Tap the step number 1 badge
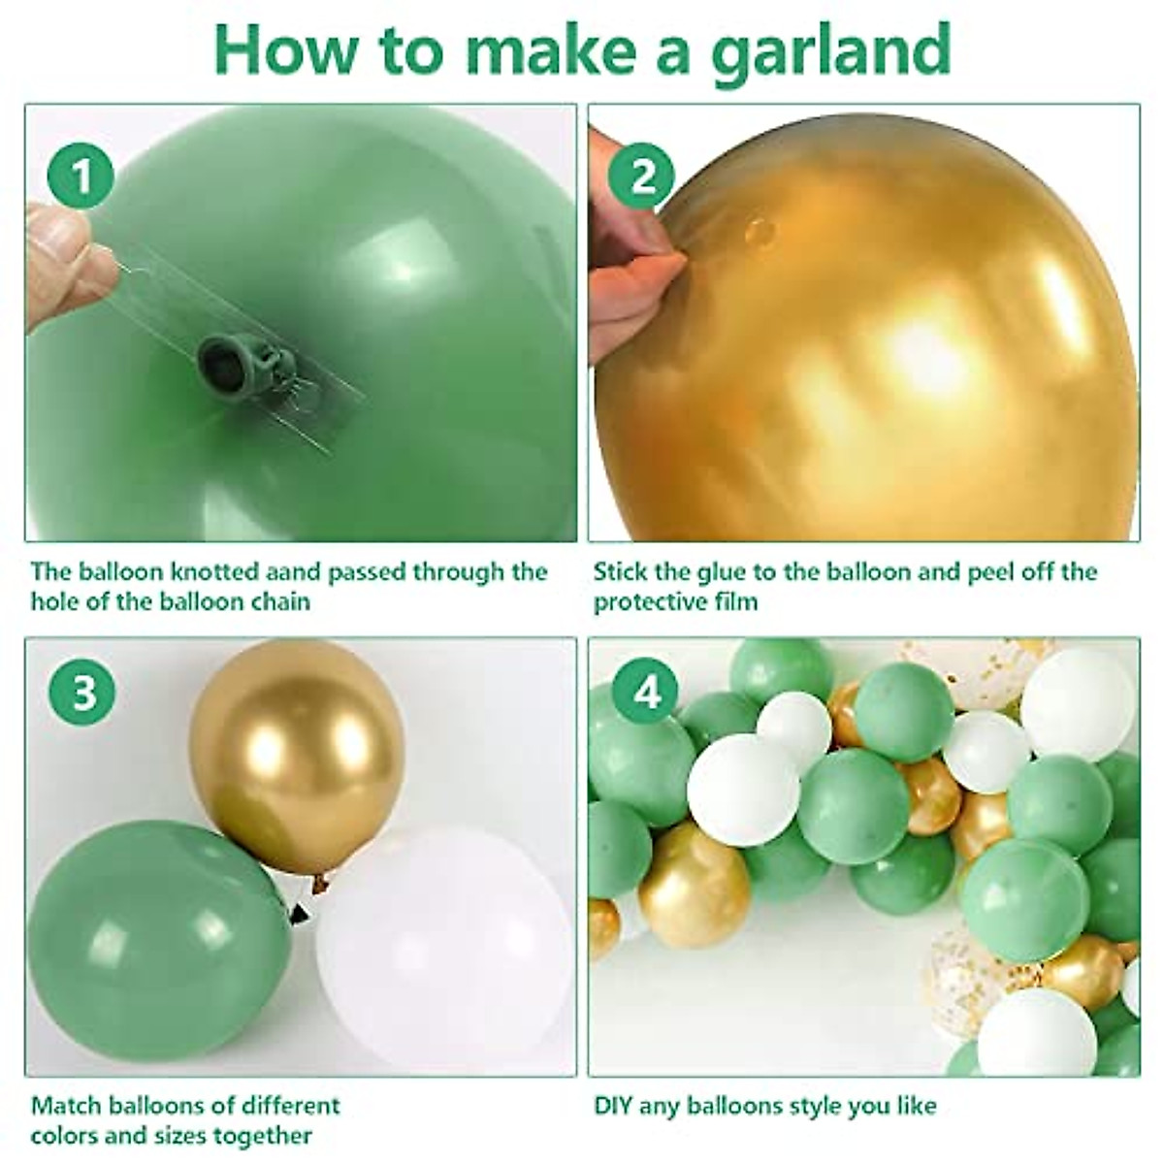[81, 177]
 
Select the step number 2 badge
[642, 177]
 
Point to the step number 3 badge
[83, 695]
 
